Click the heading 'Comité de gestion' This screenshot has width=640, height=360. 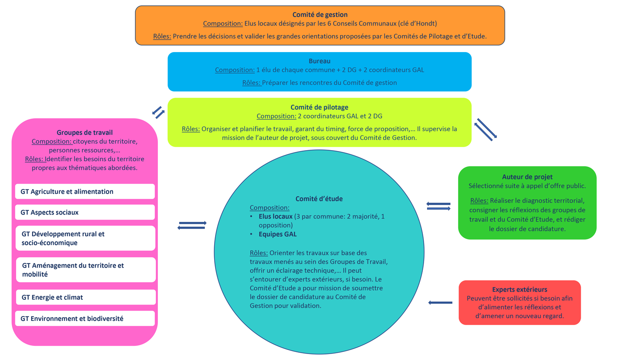tap(320, 15)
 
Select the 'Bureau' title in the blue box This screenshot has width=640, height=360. tap(320, 61)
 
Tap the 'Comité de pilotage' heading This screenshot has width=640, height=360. tap(319, 107)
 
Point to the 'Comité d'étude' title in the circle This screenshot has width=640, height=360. tap(319, 199)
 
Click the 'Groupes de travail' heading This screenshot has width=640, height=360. tap(84, 133)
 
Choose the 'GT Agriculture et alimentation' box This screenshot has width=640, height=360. tap(85, 192)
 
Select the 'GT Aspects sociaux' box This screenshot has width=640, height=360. tap(85, 212)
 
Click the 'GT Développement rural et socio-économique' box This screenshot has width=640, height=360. tap(85, 238)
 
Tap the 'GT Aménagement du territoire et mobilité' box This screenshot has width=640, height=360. tap(86, 270)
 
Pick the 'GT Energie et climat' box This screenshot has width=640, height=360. tap(86, 297)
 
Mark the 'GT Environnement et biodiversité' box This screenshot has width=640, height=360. tap(85, 319)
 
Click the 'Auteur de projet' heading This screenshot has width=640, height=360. tap(527, 177)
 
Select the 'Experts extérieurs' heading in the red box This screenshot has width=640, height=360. tap(519, 290)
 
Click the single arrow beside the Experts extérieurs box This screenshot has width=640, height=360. tap(440, 303)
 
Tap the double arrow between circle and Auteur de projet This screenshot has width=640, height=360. tap(439, 206)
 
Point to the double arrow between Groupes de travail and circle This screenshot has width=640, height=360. tap(192, 225)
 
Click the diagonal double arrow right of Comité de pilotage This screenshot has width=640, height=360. tap(486, 130)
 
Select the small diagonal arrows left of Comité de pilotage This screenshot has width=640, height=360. tap(158, 113)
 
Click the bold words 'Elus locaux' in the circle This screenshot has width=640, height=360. tap(275, 217)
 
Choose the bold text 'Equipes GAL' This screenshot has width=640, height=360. tap(277, 234)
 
